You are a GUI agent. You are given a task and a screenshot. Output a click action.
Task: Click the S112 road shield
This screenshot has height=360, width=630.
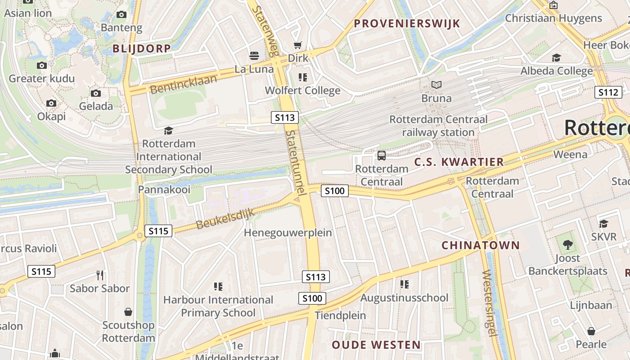coord(608,92)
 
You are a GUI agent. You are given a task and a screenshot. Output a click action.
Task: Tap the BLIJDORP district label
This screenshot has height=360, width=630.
coord(142,49)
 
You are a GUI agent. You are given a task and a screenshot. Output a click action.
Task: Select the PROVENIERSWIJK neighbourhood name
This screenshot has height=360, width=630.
coord(407,23)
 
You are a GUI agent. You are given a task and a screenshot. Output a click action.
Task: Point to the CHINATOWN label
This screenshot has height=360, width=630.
coord(481,245)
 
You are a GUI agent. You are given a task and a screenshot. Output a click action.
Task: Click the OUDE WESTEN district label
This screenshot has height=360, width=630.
coord(376,345)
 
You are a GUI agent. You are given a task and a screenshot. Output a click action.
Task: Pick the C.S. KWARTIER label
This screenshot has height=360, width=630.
coord(459,162)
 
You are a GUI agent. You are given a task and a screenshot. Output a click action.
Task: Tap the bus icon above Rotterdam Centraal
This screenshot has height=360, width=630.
coord(382,156)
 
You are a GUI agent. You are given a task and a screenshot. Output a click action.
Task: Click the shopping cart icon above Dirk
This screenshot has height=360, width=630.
coord(297,45)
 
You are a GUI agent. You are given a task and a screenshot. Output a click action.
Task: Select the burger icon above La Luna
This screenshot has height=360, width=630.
coord(254,56)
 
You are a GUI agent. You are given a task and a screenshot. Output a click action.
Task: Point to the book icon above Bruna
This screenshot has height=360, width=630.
coord(436,85)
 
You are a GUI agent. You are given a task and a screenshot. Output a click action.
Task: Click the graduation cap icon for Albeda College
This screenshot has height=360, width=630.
coord(556,58)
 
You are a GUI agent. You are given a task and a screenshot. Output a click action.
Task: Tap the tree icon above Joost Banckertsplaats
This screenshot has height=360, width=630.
coord(567,245)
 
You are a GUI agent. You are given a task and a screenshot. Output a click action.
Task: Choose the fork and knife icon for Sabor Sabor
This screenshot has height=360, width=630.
coord(100,275)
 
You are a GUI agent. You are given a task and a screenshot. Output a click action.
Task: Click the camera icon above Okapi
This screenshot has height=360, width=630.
coord(51,103)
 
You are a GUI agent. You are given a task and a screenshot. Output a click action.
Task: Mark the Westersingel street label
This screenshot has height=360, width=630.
coord(489,303)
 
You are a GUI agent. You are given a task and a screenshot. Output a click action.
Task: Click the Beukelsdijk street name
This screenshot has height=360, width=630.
coord(225,218)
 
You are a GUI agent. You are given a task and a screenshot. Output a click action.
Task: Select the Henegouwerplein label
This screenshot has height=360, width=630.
coord(288,233)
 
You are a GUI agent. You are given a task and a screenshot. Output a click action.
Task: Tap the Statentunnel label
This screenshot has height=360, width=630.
coord(296,162)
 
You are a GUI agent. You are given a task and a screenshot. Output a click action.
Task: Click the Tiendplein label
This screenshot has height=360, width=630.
coord(340,315)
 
